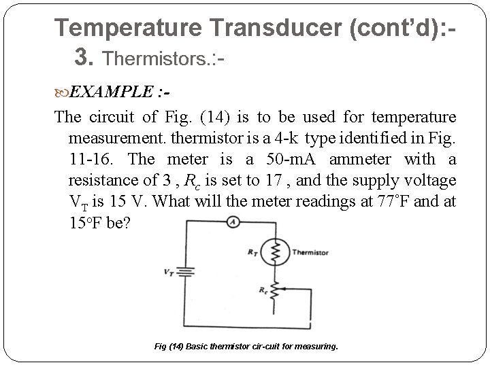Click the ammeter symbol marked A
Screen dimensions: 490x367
(232, 222)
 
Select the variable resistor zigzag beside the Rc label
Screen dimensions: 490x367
(276, 292)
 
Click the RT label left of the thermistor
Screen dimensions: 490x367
(253, 252)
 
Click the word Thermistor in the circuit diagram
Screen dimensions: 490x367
(310, 253)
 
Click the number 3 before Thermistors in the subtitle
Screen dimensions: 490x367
(84, 57)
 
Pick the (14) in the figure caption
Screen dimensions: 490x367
(175, 347)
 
